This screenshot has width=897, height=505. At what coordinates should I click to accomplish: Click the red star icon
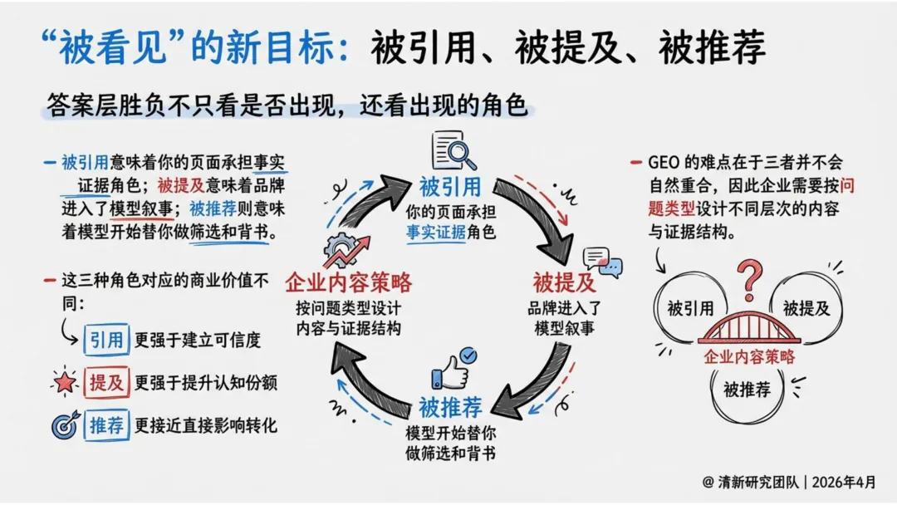64,382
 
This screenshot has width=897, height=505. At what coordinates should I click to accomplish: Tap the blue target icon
65,425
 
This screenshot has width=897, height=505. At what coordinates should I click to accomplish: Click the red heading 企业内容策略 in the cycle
348,283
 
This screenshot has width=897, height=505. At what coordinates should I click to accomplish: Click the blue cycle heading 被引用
449,185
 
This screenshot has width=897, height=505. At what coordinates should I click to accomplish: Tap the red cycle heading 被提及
565,283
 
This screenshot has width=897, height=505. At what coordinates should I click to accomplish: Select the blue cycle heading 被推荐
450,407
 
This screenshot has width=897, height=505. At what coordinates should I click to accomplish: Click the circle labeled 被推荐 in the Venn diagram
747,388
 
